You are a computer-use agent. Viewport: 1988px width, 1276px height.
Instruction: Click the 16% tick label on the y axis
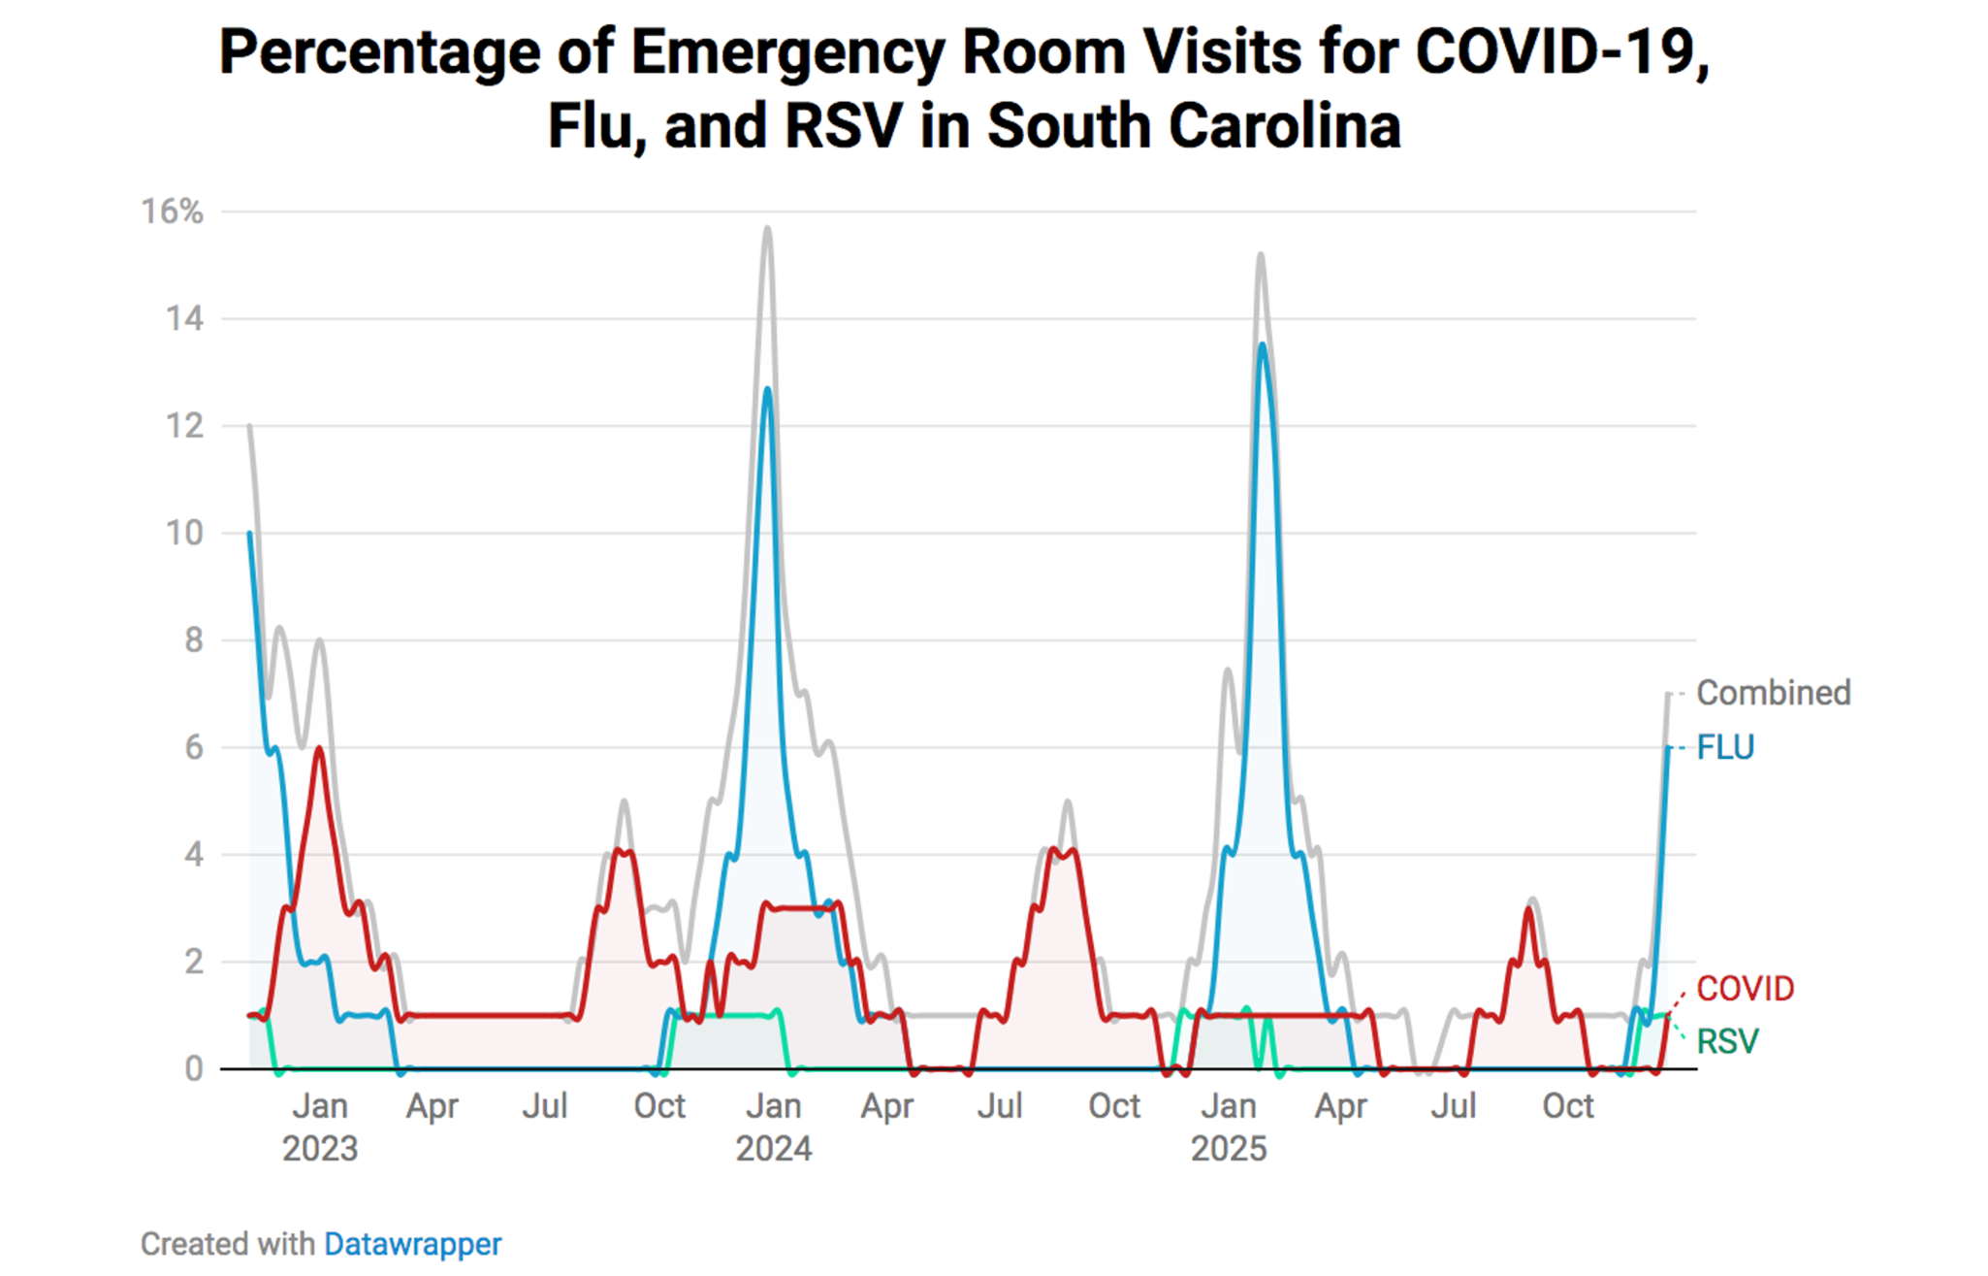pyautogui.click(x=172, y=212)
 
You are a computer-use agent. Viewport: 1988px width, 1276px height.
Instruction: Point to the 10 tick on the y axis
pyautogui.click(x=184, y=533)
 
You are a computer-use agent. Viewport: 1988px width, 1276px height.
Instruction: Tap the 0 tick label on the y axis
pyautogui.click(x=194, y=1068)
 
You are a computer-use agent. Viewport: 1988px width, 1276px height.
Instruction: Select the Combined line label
pyautogui.click(x=1773, y=693)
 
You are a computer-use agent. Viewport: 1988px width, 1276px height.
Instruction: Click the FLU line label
pyautogui.click(x=1725, y=747)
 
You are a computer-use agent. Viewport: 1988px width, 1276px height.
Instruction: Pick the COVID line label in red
pyautogui.click(x=1745, y=989)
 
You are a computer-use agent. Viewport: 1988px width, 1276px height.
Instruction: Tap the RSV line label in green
pyautogui.click(x=1727, y=1042)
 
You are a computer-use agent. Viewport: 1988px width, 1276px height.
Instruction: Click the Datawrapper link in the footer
pyautogui.click(x=412, y=1244)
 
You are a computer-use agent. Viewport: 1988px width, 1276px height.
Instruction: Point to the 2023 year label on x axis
pyautogui.click(x=320, y=1149)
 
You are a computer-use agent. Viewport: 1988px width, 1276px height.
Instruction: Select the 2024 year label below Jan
pyautogui.click(x=773, y=1149)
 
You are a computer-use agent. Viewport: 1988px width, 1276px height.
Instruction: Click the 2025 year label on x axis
pyautogui.click(x=1228, y=1149)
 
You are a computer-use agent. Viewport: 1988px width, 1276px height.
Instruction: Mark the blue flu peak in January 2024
pyautogui.click(x=767, y=389)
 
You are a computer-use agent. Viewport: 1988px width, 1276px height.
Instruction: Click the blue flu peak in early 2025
pyautogui.click(x=1262, y=344)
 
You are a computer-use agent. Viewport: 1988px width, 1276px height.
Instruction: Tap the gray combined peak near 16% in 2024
pyautogui.click(x=767, y=229)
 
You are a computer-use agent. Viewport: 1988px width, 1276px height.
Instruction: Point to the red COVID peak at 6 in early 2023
pyautogui.click(x=318, y=748)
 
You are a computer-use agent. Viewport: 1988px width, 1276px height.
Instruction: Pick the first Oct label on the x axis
pyautogui.click(x=659, y=1106)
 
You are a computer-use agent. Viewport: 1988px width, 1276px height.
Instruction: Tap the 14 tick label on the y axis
pyautogui.click(x=184, y=318)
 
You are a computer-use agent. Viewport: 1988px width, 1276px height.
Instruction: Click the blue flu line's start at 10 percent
pyautogui.click(x=250, y=533)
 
